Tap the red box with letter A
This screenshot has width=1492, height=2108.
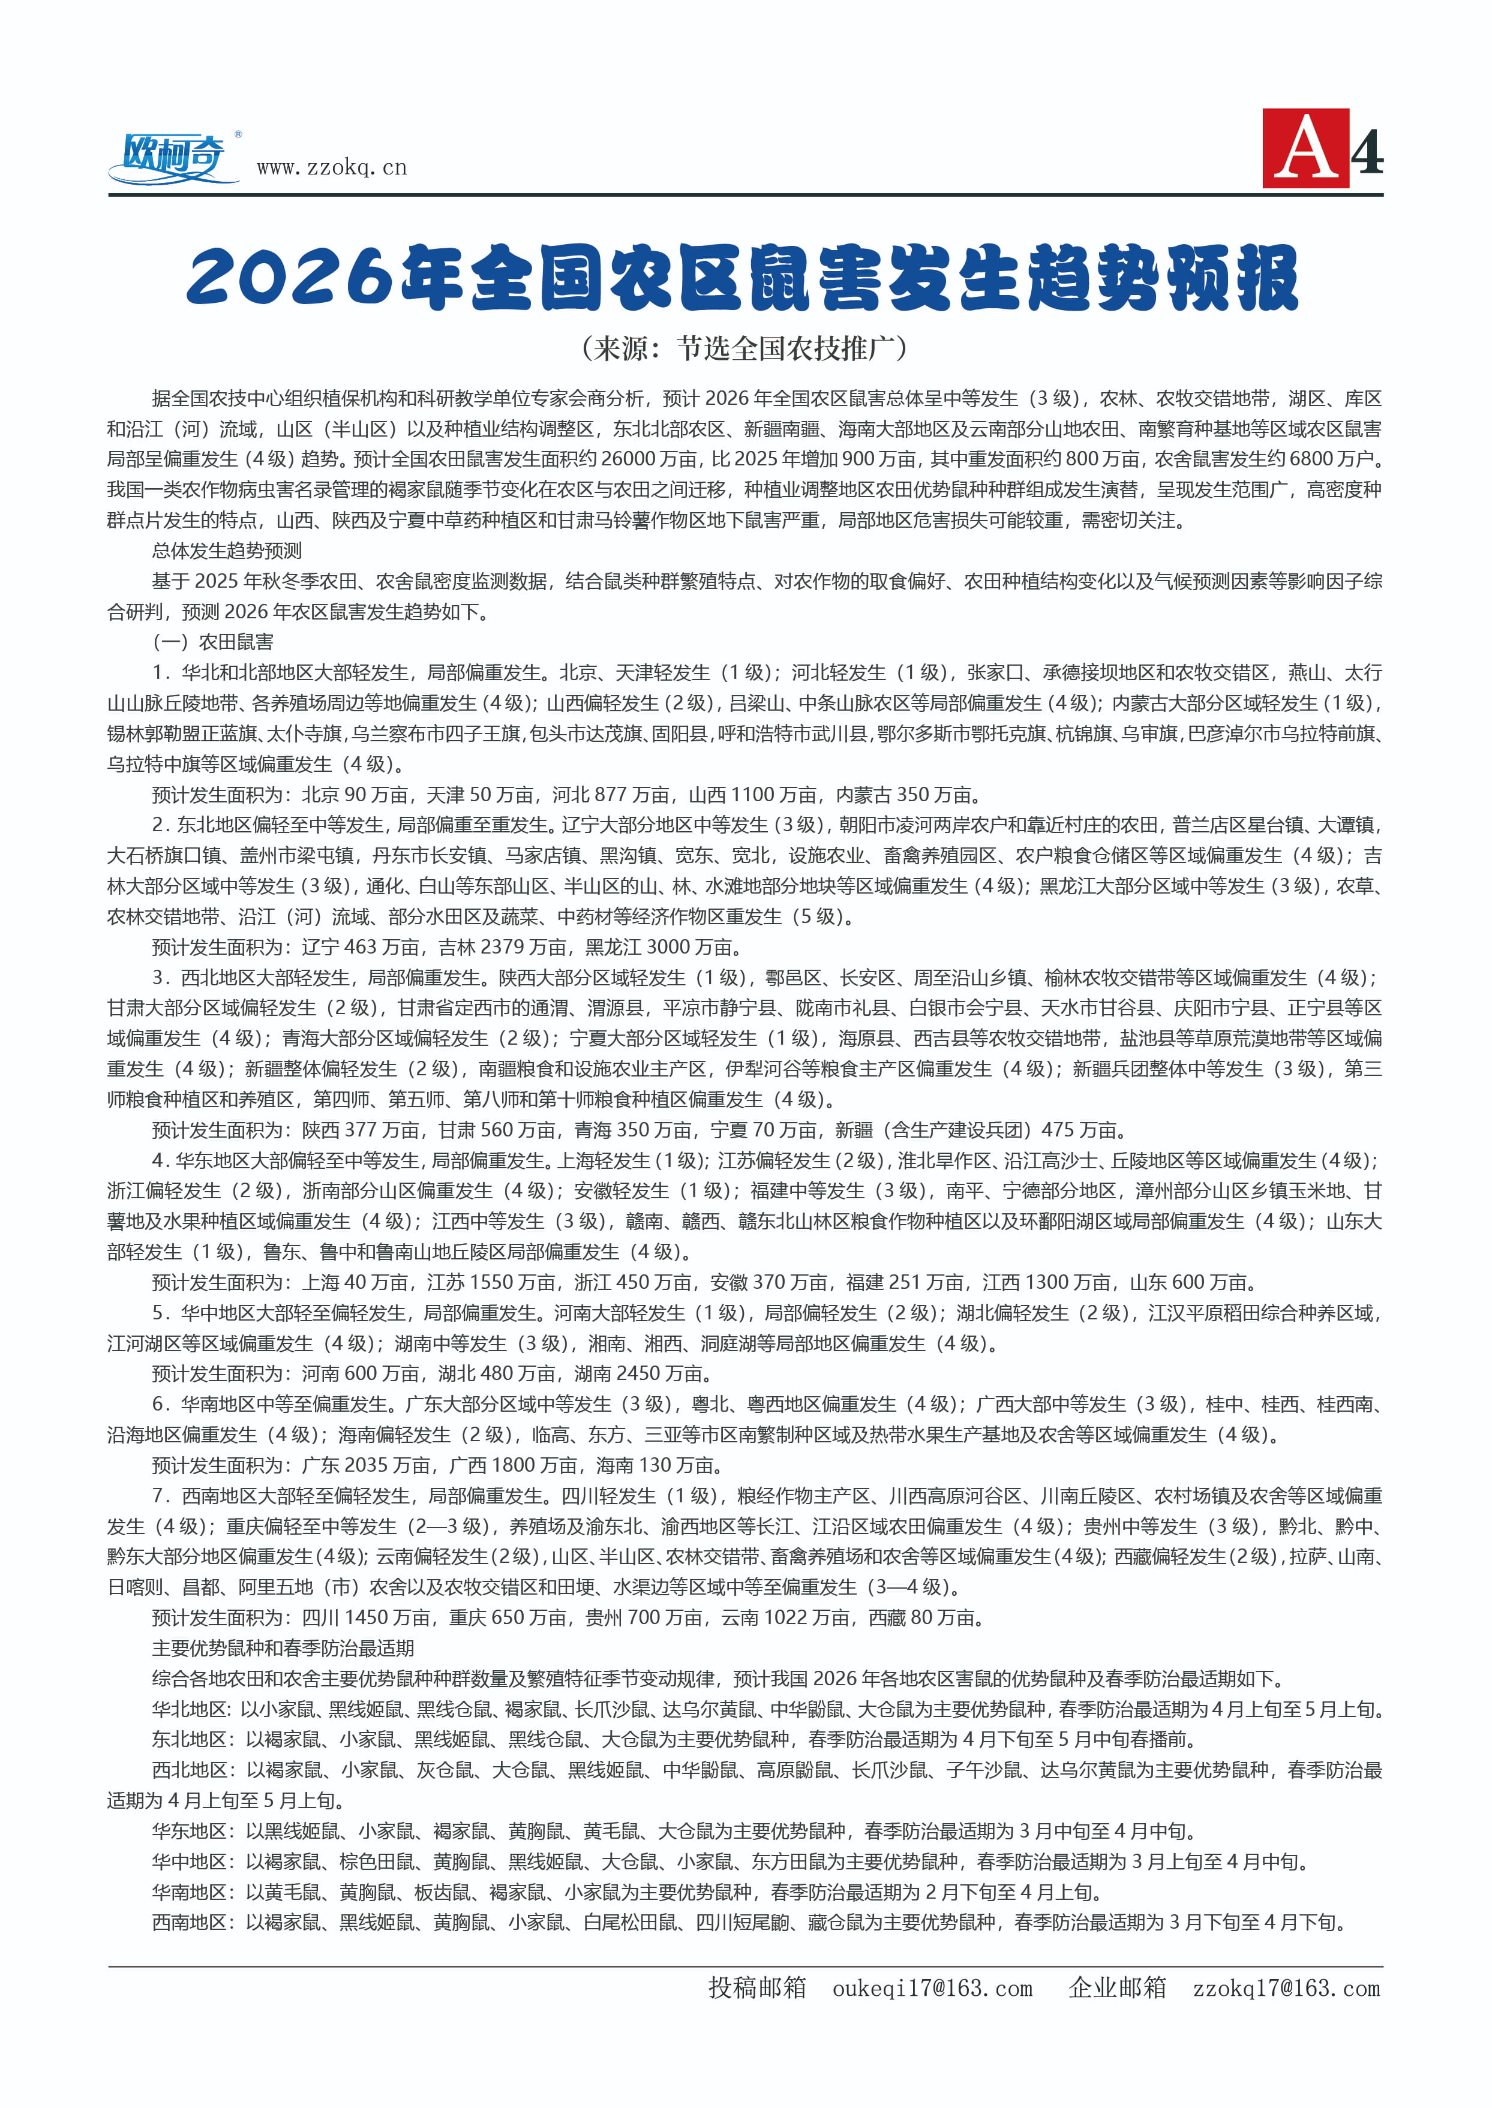tap(1305, 149)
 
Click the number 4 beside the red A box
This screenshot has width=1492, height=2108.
tap(1367, 152)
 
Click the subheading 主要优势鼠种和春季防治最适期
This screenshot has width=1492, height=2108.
tap(283, 1648)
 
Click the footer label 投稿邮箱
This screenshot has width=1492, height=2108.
tap(757, 1987)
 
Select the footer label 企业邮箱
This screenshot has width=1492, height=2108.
tap(1117, 1987)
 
